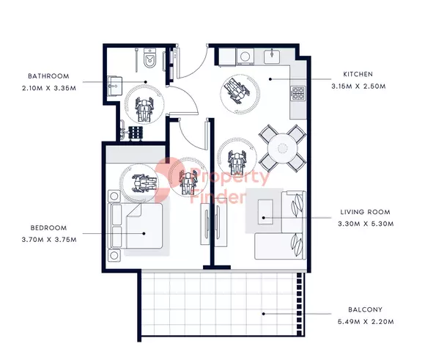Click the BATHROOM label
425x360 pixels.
pos(49,76)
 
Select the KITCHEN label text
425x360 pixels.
pos(357,74)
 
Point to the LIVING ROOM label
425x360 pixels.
pos(366,213)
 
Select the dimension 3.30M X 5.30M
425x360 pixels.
pos(366,223)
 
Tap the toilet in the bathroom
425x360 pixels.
pos(149,56)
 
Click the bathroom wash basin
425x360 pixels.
pos(115,84)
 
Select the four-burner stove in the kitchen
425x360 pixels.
pos(298,94)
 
